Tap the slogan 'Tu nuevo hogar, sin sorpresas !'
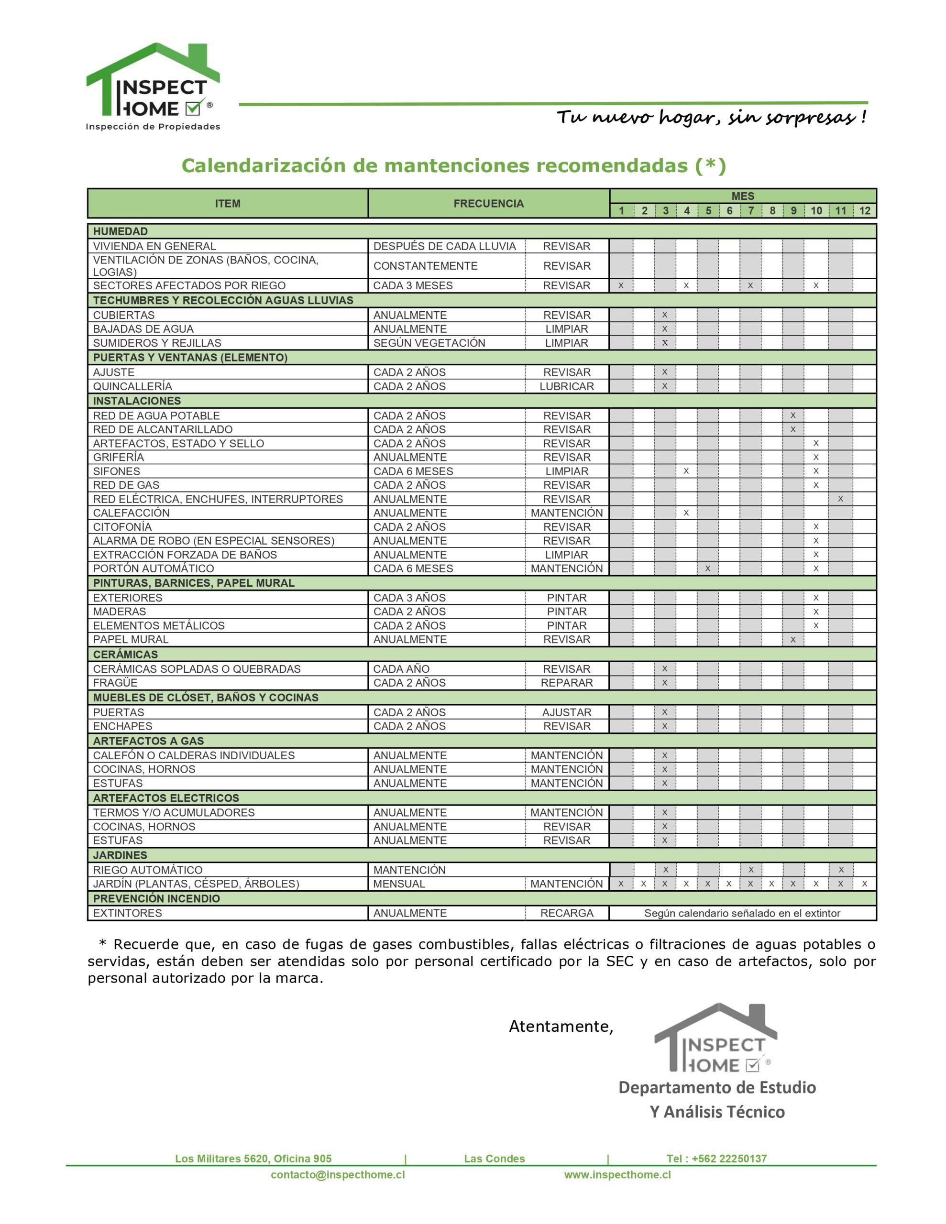click(x=711, y=118)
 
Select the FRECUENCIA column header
click(x=488, y=203)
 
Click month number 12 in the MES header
click(x=864, y=211)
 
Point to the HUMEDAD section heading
click(x=121, y=231)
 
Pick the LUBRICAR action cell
click(x=566, y=386)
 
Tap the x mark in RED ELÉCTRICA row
click(x=840, y=499)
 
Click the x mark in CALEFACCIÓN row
click(x=686, y=513)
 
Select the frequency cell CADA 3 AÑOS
click(x=409, y=598)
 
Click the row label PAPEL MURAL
click(x=131, y=639)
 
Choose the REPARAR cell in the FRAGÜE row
click(x=566, y=683)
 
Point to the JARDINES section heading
click(x=120, y=855)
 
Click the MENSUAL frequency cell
click(x=399, y=884)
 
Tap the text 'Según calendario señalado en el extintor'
click(x=742, y=913)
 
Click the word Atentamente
click(x=561, y=1026)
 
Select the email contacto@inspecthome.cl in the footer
click(x=338, y=1175)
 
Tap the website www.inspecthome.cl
click(x=617, y=1175)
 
